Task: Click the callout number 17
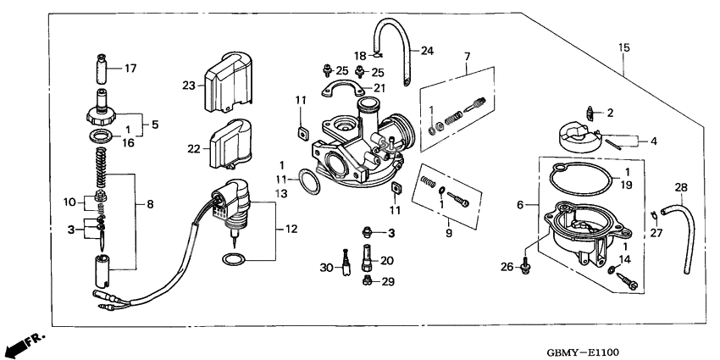[130, 68]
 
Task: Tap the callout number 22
[194, 148]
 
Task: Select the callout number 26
[507, 269]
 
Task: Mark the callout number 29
[386, 282]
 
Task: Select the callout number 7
[465, 56]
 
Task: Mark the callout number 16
[130, 144]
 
